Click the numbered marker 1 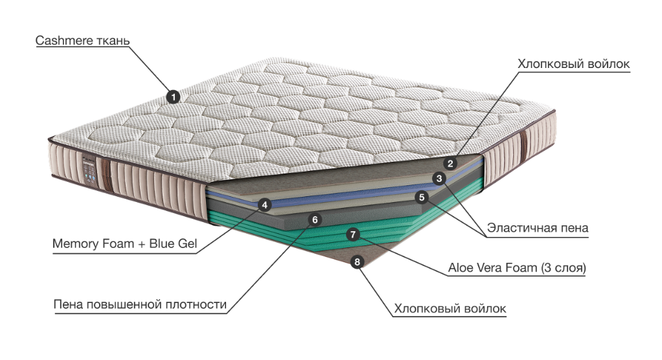point(172,97)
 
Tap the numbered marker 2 point(451,163)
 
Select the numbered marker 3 point(439,179)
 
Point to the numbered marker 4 point(264,205)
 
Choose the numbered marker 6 point(315,219)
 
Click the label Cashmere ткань point(83,41)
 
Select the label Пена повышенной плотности point(140,304)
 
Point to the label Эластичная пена point(538,228)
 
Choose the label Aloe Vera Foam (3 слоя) point(517,267)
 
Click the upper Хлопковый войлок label point(574,64)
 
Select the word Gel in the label point(185,245)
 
